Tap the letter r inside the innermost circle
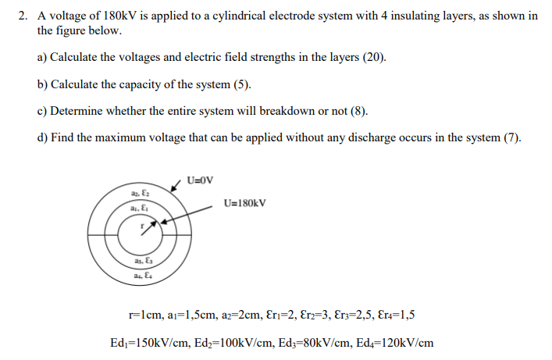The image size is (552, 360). (142, 224)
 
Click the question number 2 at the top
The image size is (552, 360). (22, 16)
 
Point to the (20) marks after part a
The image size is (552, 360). (374, 58)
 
